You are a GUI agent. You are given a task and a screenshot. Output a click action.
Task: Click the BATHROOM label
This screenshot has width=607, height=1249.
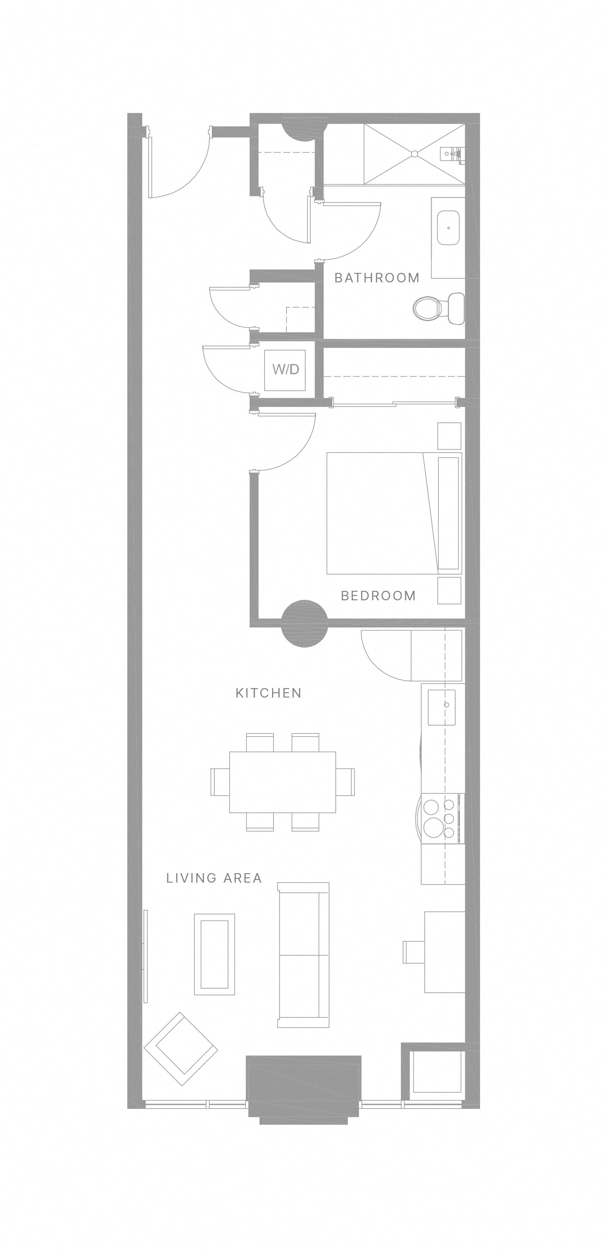click(x=377, y=278)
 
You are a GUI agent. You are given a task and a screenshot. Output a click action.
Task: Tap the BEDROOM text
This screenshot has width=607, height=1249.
click(x=378, y=595)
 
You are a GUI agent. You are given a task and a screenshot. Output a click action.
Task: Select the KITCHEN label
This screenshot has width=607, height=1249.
click(x=268, y=693)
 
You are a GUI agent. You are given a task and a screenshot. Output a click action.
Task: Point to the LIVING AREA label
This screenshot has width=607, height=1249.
click(x=214, y=878)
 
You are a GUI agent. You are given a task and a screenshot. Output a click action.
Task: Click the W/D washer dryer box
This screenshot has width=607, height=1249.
click(x=285, y=370)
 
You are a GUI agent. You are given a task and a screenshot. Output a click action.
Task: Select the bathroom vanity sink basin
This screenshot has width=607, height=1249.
click(x=448, y=227)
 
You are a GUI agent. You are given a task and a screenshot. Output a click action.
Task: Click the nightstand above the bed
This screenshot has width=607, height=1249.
click(x=449, y=436)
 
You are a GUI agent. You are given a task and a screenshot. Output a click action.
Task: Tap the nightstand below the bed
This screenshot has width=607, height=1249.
click(x=449, y=590)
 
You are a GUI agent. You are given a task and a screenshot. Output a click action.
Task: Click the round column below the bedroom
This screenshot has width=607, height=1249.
click(x=305, y=623)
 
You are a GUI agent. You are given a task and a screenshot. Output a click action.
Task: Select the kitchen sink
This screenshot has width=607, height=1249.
click(x=441, y=707)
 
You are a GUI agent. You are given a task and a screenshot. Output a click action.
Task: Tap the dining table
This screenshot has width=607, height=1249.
click(x=282, y=782)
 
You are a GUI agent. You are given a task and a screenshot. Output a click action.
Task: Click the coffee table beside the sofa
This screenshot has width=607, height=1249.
click(x=214, y=954)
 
